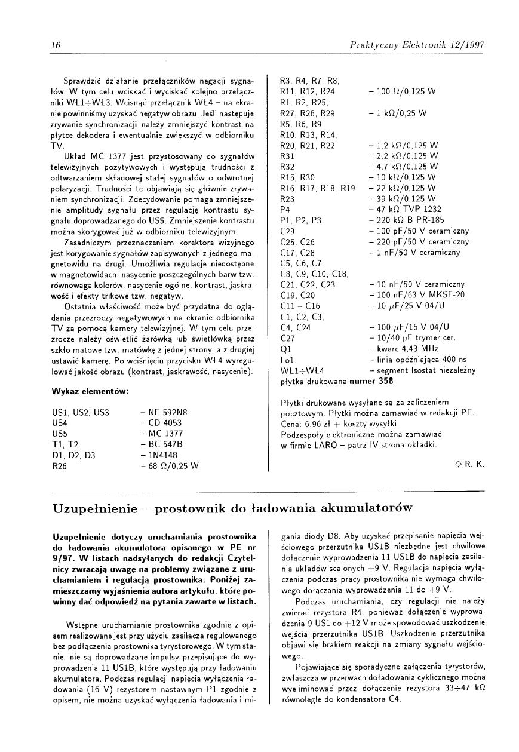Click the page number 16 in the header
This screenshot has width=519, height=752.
coord(56,45)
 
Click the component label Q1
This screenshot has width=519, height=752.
coord(285,349)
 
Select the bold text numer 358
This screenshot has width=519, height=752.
coord(371,380)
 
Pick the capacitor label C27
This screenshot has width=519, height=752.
coord(287,338)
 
